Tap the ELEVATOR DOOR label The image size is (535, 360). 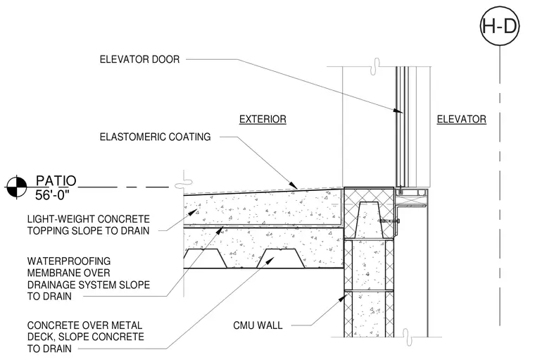[139, 59]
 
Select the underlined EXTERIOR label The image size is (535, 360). [263, 119]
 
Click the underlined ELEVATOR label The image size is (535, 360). [462, 119]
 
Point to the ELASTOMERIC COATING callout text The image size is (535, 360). [156, 137]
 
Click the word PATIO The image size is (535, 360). [56, 180]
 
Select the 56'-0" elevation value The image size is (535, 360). [52, 195]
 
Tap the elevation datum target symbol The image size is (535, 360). [16, 187]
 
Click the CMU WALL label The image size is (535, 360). [258, 325]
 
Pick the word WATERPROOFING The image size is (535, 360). [69, 261]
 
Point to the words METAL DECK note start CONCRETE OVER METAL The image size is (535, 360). [84, 325]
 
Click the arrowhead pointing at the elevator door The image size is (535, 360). [398, 111]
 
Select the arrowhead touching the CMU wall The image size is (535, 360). [341, 299]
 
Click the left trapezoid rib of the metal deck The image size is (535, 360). [205, 259]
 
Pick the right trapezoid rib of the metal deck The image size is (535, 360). [281, 259]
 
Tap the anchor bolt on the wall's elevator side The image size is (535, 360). [390, 221]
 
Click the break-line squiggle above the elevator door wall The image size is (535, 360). [376, 66]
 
